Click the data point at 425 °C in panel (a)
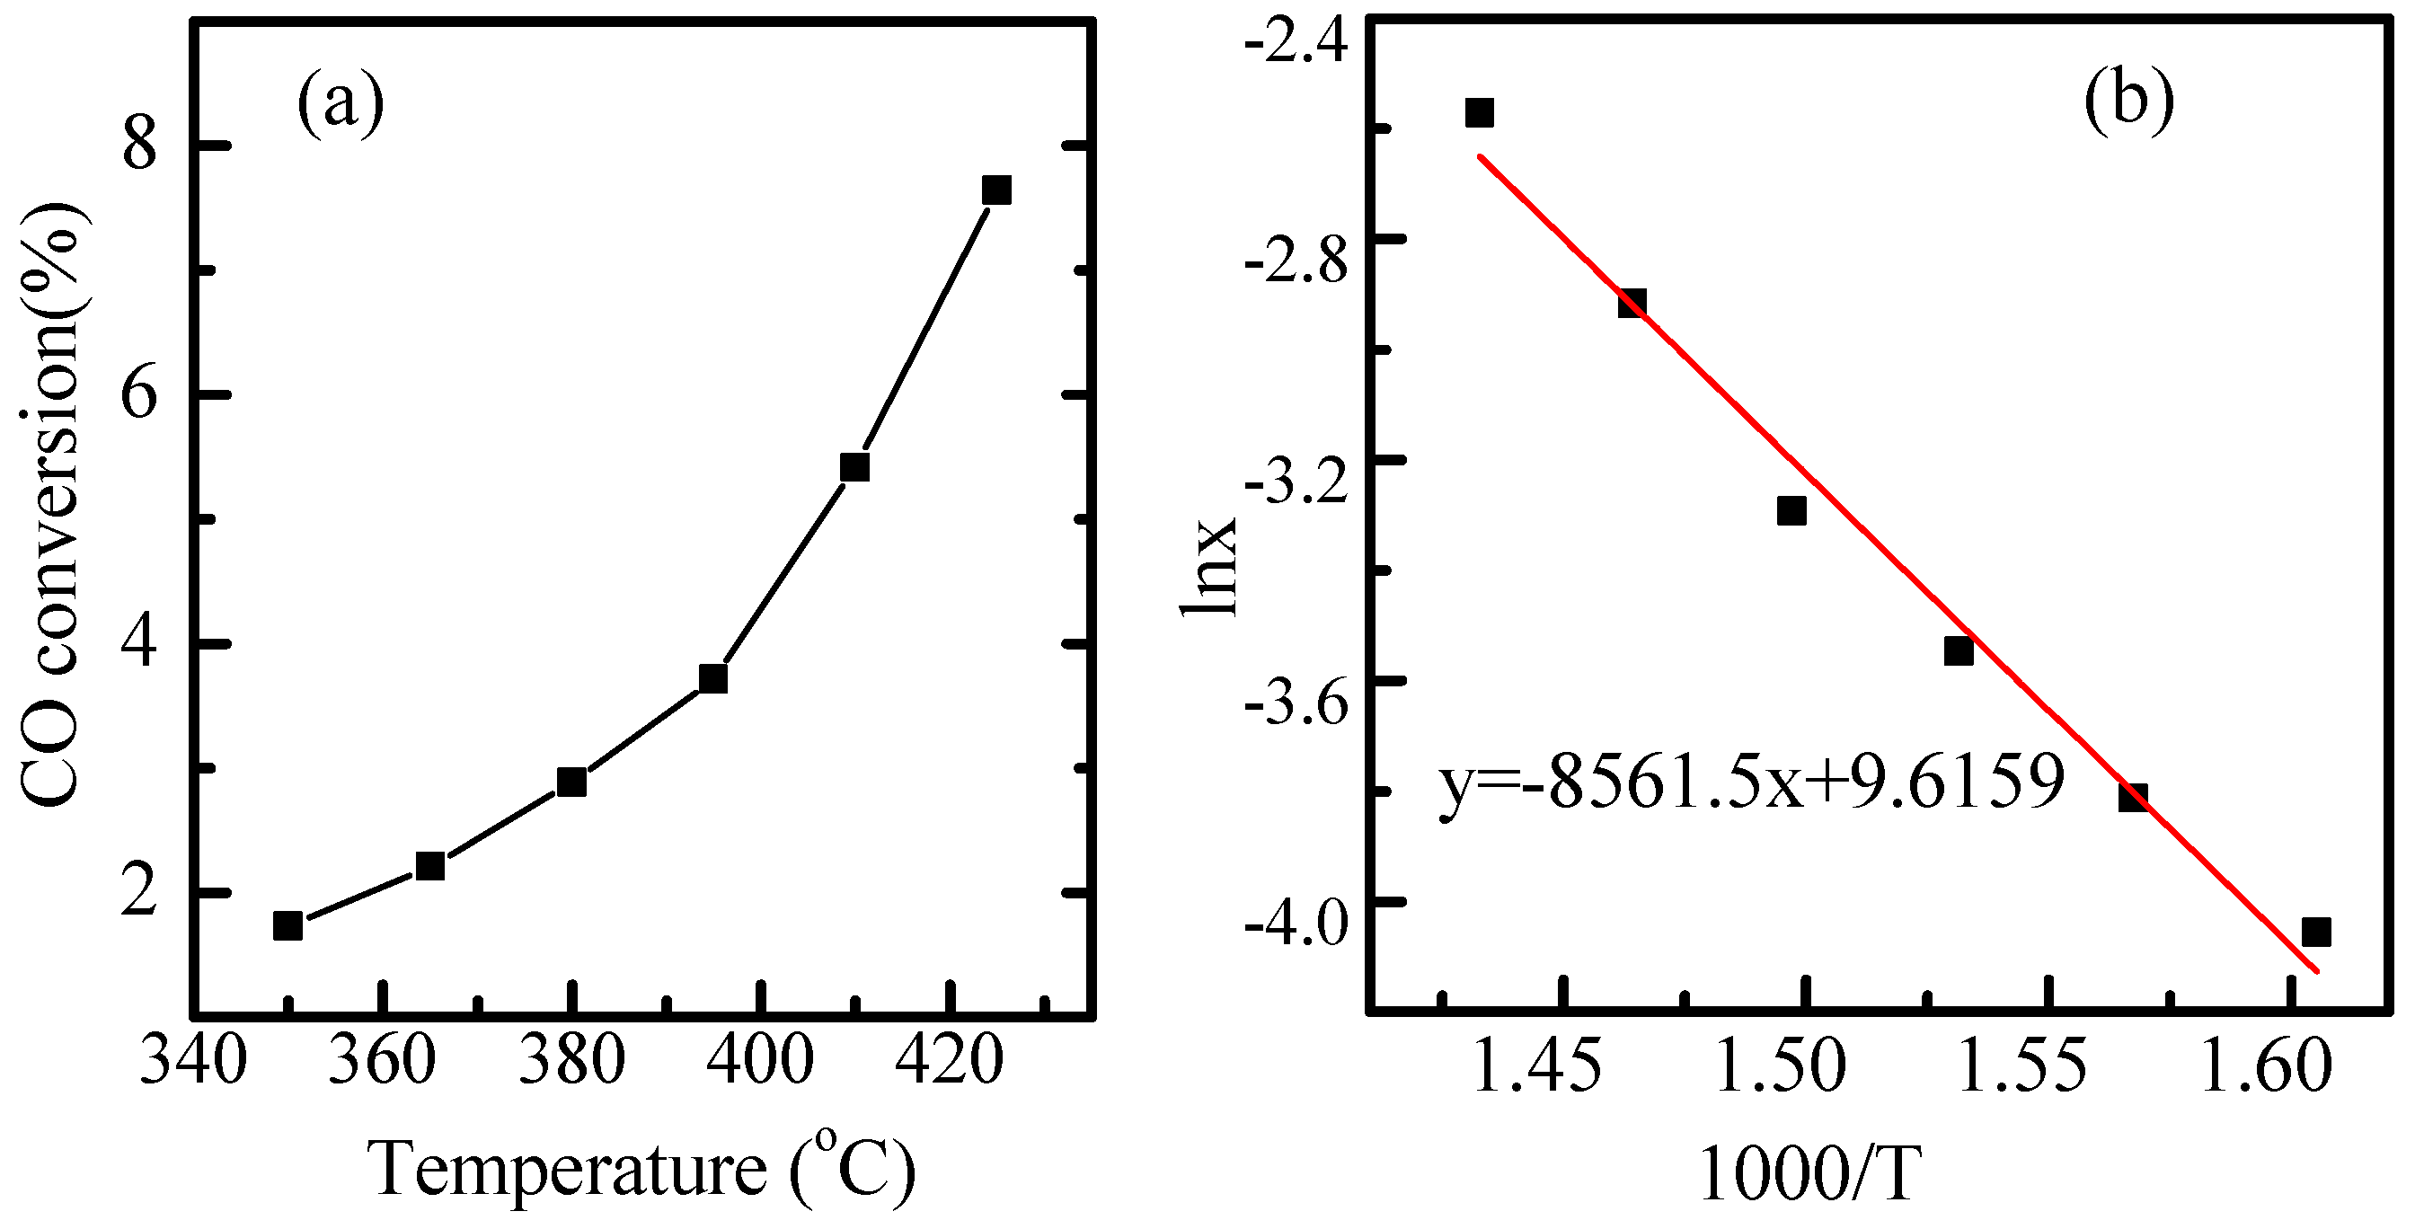pyautogui.click(x=995, y=190)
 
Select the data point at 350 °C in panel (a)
pyautogui.click(x=287, y=925)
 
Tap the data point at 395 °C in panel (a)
pyautogui.click(x=713, y=677)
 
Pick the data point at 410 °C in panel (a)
pyautogui.click(x=855, y=467)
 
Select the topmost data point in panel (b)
pyautogui.click(x=1480, y=112)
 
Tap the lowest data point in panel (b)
pyautogui.click(x=2316, y=932)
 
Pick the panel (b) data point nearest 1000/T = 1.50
pyautogui.click(x=1791, y=511)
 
